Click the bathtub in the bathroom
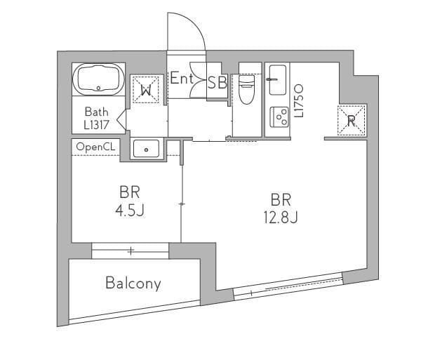point(98,79)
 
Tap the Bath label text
point(96,112)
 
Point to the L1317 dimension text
point(96,125)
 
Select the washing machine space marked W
point(146,90)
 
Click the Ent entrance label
point(182,79)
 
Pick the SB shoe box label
point(217,82)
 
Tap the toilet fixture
point(246,89)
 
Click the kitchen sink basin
point(277,80)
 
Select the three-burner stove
point(279,117)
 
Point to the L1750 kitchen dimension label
point(299,101)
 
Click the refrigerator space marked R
point(352,120)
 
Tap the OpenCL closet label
point(95,147)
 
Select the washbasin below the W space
point(146,149)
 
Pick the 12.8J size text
point(281,218)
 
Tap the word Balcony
point(133,284)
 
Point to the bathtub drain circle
point(98,88)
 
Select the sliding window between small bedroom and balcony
point(131,251)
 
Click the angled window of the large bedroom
point(288,286)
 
